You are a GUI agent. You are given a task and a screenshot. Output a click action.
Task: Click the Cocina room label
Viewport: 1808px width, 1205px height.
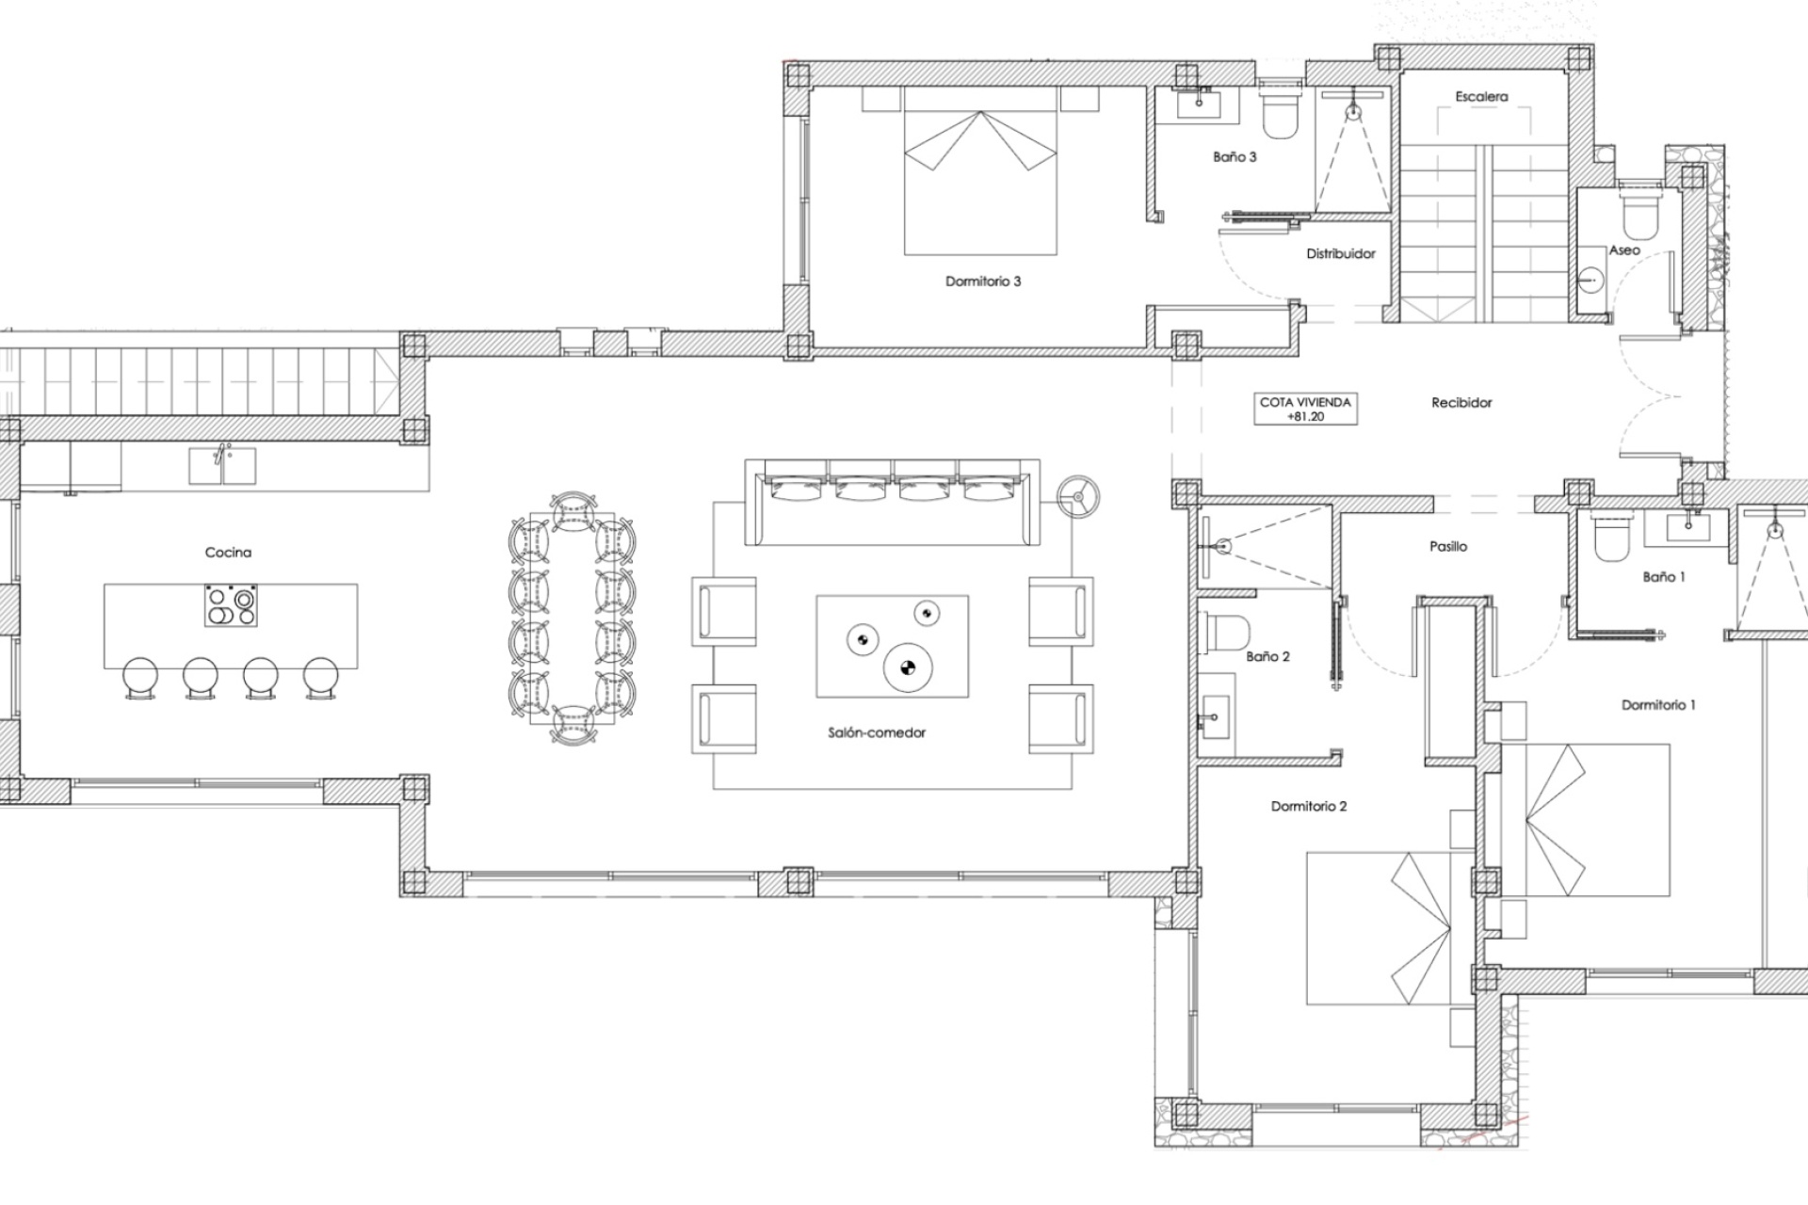coord(228,553)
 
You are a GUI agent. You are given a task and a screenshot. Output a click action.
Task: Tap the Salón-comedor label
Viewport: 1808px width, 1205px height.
coord(877,732)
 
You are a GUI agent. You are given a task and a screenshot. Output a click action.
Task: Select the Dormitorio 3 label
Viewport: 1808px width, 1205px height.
coord(982,281)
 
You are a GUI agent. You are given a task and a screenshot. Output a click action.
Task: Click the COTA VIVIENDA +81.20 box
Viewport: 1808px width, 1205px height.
coord(1304,409)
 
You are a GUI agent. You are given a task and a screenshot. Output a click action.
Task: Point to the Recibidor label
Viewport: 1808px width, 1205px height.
coord(1461,403)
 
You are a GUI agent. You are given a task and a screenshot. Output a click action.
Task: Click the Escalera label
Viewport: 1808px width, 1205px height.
coord(1480,97)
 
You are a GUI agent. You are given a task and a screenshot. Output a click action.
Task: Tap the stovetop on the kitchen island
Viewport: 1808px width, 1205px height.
coord(231,605)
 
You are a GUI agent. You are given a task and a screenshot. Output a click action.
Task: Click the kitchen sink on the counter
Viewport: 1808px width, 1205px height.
coord(222,466)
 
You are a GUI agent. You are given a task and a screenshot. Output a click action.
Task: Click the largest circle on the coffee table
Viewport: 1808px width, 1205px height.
coord(907,669)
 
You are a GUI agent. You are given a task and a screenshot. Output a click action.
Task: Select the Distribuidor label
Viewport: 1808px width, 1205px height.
coord(1340,254)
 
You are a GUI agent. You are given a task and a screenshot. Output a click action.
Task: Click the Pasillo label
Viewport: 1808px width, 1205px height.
coord(1447,546)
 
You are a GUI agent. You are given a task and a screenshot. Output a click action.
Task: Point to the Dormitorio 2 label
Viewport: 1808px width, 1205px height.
coord(1308,807)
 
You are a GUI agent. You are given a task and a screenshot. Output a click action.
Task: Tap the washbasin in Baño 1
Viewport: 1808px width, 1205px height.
coord(1687,527)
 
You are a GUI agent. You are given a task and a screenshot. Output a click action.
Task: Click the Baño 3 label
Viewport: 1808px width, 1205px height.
coord(1234,157)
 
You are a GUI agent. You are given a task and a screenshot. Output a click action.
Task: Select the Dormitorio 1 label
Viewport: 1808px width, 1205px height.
coord(1657,705)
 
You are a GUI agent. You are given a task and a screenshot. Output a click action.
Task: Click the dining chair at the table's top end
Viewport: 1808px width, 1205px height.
coord(571,509)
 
